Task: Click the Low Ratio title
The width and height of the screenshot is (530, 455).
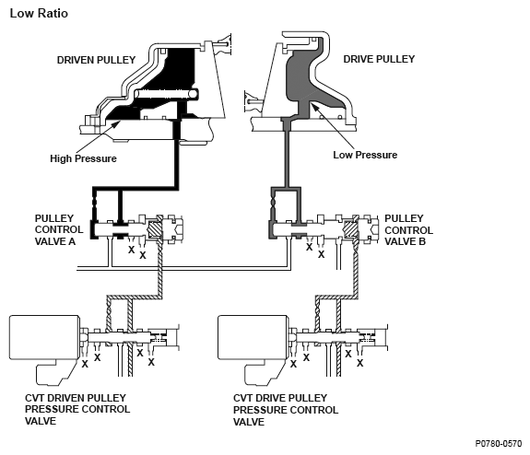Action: point(39,13)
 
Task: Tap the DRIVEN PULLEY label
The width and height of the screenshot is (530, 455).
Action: point(96,60)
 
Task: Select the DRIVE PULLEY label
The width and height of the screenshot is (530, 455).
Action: point(379,59)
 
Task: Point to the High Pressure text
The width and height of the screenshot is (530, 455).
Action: point(83,158)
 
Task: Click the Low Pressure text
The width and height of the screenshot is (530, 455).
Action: point(365,155)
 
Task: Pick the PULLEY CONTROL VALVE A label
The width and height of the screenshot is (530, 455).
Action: point(59,229)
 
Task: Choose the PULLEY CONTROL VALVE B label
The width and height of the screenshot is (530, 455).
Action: point(408,229)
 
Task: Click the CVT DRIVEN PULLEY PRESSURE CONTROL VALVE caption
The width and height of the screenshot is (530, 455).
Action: point(77,409)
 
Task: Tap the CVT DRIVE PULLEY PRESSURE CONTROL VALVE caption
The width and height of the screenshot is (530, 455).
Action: point(286,410)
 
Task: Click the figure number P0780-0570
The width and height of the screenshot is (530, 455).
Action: point(499,444)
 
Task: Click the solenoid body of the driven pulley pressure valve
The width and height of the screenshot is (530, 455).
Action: point(44,337)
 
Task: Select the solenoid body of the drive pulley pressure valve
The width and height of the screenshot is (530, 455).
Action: point(253,337)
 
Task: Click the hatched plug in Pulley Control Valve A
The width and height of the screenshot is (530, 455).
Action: point(155,229)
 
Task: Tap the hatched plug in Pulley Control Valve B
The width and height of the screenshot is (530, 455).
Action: point(350,229)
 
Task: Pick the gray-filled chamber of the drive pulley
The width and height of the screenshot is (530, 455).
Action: point(300,81)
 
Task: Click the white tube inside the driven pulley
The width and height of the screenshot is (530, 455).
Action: point(166,94)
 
